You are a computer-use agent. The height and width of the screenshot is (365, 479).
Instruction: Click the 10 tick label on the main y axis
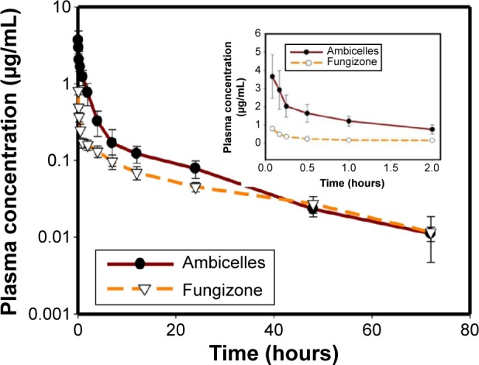tap(60, 9)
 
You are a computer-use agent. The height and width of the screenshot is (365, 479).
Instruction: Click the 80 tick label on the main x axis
tap(468, 328)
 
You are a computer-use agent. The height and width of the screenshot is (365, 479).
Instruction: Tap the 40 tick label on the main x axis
tap(273, 328)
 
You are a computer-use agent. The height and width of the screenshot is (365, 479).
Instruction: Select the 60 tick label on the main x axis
tap(370, 328)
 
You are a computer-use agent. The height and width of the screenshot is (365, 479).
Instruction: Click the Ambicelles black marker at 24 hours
tap(195, 168)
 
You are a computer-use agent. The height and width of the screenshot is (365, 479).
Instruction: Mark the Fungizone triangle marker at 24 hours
tap(195, 188)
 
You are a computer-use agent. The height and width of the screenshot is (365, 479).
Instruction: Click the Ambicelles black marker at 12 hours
tap(136, 153)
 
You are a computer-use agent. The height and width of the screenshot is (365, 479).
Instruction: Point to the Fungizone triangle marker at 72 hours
tap(431, 232)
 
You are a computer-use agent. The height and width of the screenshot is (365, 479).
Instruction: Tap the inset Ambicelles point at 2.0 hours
tap(432, 129)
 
